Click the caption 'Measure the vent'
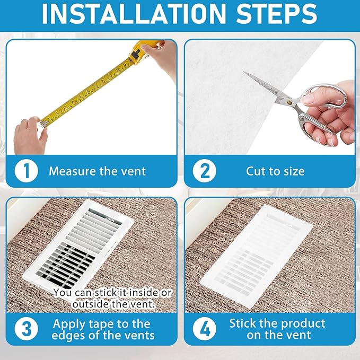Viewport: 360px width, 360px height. [x=97, y=171]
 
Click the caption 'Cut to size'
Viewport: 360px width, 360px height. [x=275, y=171]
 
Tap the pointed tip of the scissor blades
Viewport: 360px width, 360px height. [x=245, y=73]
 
